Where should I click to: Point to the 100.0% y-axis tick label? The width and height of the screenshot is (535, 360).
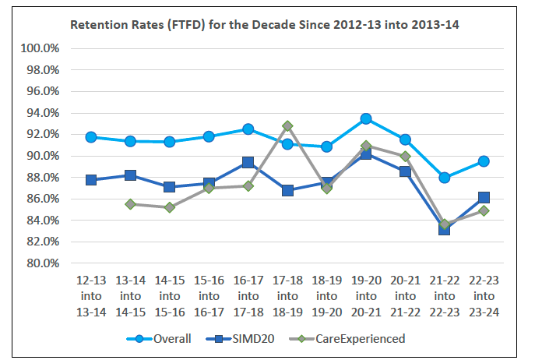39,48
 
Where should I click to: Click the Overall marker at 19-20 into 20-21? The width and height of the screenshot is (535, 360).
366,118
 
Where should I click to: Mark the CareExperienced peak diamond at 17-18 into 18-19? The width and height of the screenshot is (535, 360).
287,125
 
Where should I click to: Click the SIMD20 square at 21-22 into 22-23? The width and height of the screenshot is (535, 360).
445,229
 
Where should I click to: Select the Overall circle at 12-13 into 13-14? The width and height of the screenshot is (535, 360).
91,137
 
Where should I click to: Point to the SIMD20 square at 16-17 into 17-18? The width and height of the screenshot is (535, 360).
248,163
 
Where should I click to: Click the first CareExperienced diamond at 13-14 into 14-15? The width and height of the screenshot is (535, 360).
131,204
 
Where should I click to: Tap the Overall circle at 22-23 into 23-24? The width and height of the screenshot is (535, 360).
484,161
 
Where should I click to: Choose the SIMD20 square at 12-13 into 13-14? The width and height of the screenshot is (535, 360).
91,180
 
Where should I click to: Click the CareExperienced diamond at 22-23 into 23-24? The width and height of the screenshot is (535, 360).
484,210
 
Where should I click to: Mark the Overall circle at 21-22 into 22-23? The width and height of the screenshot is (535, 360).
445,178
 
